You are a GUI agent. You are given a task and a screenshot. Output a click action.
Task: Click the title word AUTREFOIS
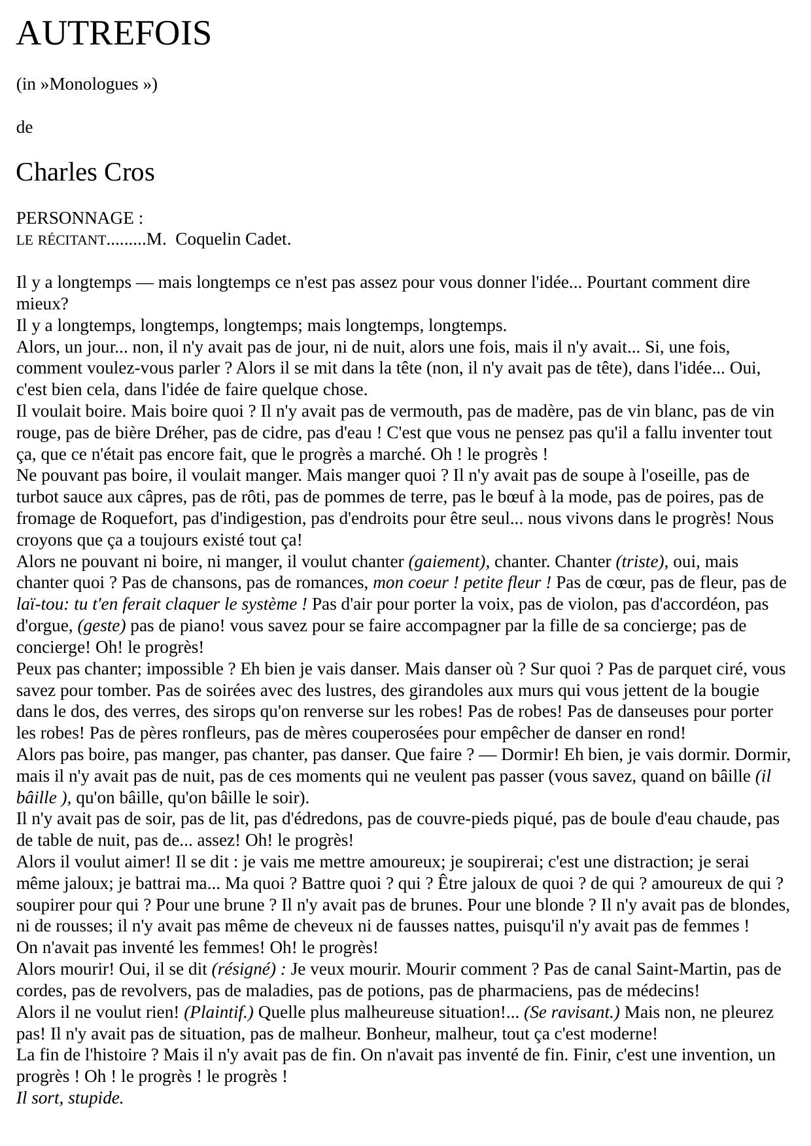pyautogui.click(x=113, y=33)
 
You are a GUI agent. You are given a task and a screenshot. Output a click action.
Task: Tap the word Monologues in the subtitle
pyautogui.click(x=94, y=84)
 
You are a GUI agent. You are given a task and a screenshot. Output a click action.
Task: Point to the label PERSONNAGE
pyautogui.click(x=75, y=218)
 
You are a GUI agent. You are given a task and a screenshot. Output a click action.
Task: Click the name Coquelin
pyautogui.click(x=209, y=239)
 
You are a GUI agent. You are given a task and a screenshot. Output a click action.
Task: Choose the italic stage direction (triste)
pyautogui.click(x=641, y=562)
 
